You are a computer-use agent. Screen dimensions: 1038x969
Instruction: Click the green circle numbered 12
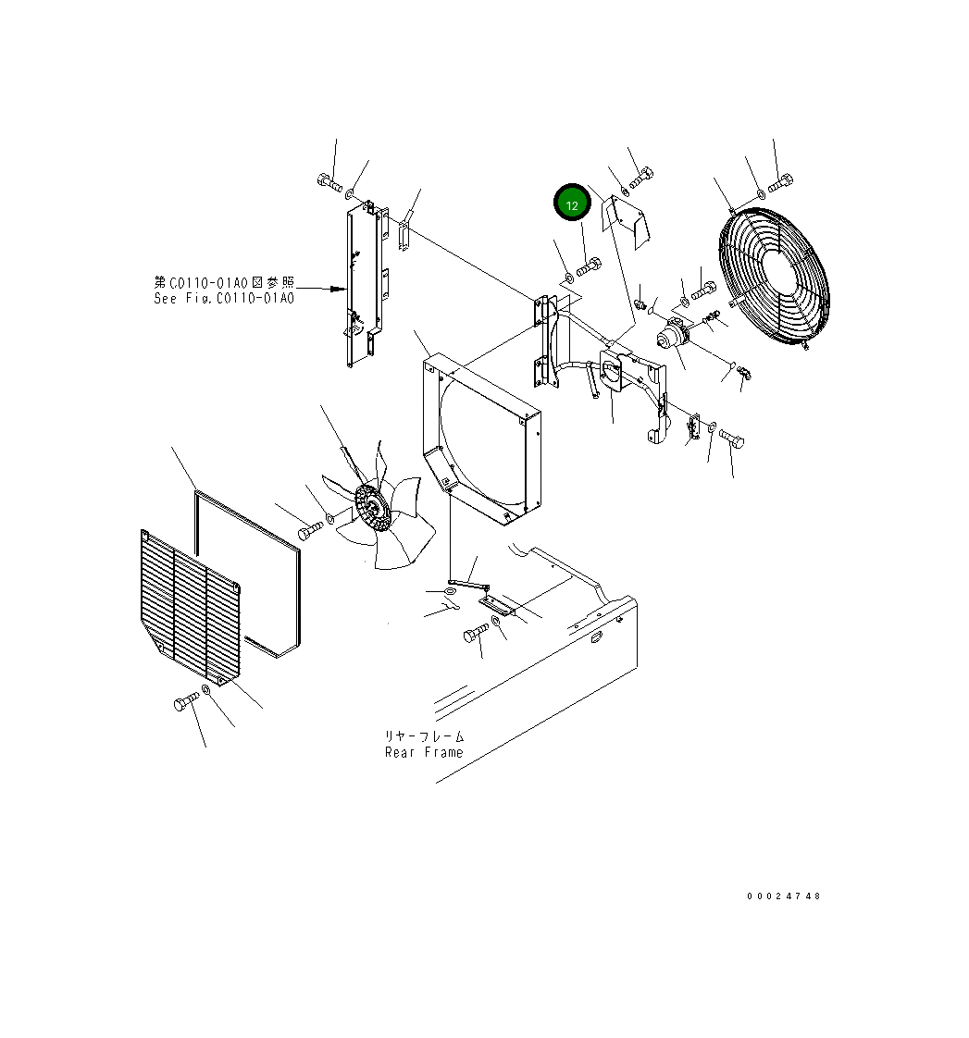tap(572, 204)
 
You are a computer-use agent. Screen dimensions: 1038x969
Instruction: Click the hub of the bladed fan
tap(372, 510)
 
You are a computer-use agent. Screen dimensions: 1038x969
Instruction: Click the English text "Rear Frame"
tap(424, 752)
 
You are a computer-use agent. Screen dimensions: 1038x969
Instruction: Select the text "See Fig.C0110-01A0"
tap(224, 298)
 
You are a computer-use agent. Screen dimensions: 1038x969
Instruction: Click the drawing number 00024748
tap(784, 896)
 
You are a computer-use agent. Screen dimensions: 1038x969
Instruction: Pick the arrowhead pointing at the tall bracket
tap(340, 290)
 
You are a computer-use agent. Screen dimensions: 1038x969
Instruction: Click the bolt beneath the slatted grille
tap(186, 701)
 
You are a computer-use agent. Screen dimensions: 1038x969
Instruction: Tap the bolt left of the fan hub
tap(310, 530)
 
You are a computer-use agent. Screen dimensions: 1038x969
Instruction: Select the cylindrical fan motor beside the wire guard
tap(676, 338)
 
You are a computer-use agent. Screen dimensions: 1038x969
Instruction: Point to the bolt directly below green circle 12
tap(590, 269)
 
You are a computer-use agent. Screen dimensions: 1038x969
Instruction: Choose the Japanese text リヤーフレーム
tap(425, 736)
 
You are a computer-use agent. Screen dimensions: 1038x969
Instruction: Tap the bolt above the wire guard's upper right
tap(780, 182)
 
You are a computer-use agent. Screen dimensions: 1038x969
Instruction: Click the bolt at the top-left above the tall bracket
tap(329, 181)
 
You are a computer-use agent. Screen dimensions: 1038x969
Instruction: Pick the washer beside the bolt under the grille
tap(207, 691)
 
